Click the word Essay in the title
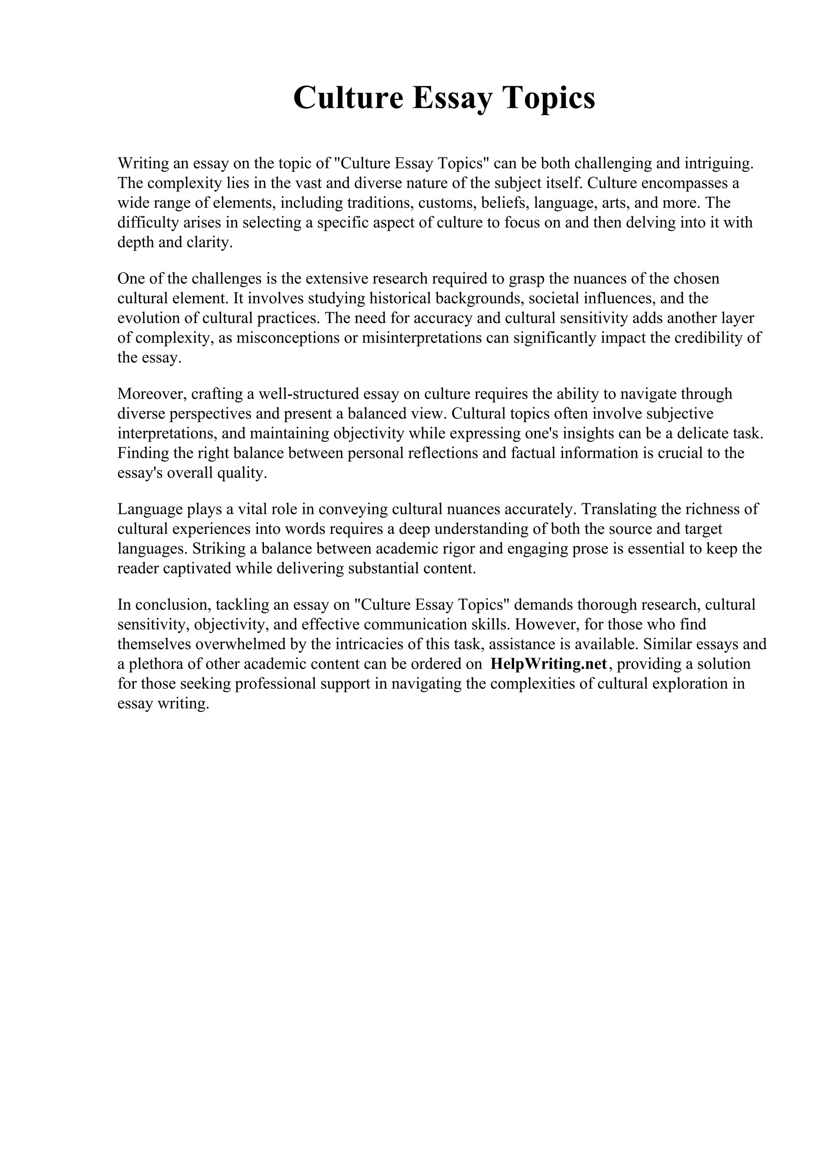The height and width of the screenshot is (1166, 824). pyautogui.click(x=452, y=97)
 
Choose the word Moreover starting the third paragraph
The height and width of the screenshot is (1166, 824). pyautogui.click(x=152, y=393)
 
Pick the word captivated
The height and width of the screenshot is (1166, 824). pyautogui.click(x=197, y=568)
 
